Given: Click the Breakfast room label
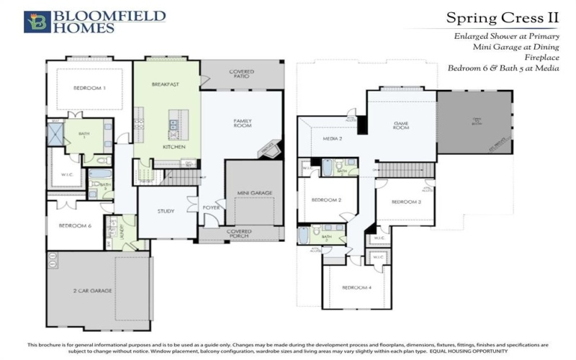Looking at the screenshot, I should (165, 84).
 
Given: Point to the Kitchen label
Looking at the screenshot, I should (174, 147).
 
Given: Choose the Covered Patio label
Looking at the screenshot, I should (241, 74).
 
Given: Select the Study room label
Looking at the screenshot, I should (166, 211).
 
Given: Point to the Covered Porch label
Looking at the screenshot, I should (239, 233).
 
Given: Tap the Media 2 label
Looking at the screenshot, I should (332, 138).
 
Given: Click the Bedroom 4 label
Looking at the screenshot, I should (356, 288).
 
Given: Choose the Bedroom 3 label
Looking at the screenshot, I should (406, 202).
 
